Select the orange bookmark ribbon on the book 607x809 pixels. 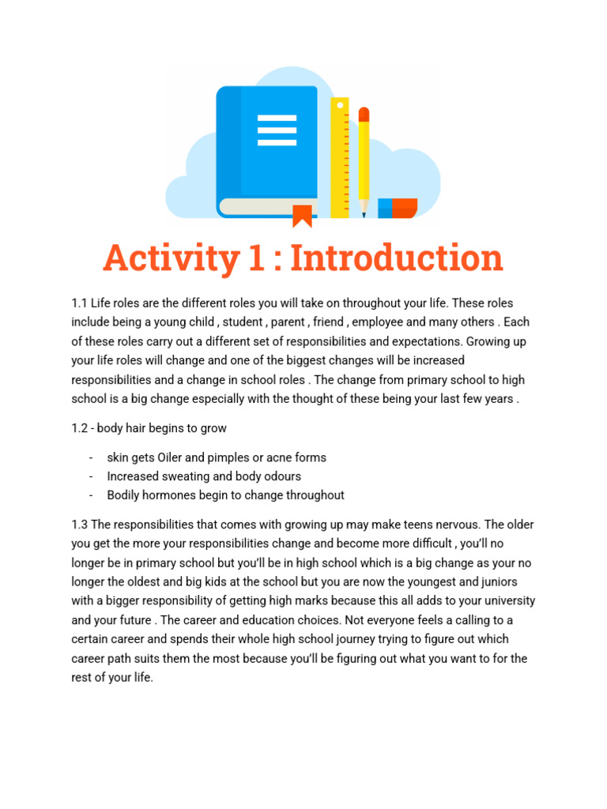click(302, 214)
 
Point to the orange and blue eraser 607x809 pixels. click(398, 208)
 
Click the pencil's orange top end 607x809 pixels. click(364, 115)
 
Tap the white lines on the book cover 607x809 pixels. click(277, 130)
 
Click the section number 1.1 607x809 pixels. click(79, 303)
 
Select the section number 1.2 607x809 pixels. click(79, 428)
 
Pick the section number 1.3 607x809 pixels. click(79, 525)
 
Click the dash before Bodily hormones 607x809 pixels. click(92, 495)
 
